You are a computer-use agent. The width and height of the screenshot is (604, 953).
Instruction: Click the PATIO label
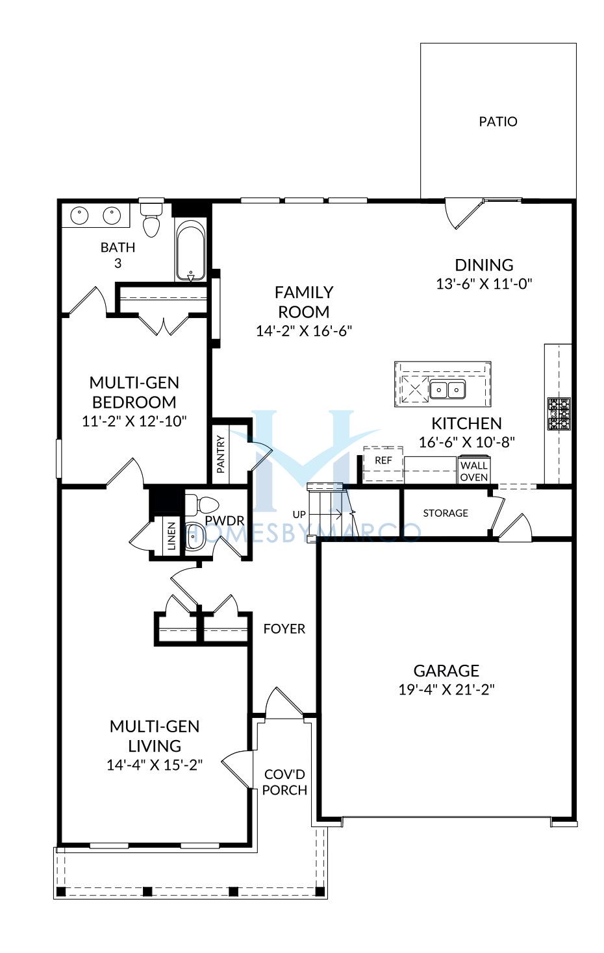(498, 121)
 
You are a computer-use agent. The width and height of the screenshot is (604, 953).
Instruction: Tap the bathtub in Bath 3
(191, 251)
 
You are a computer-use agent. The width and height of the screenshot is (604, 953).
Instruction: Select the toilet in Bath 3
(151, 220)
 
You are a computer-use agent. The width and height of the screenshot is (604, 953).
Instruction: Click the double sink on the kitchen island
(447, 389)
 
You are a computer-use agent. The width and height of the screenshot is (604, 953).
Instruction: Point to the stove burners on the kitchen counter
(559, 414)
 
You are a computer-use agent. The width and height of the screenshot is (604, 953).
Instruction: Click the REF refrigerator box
(383, 464)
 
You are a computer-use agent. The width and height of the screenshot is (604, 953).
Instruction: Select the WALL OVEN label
(473, 471)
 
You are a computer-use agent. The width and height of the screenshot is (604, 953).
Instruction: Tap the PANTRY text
(220, 454)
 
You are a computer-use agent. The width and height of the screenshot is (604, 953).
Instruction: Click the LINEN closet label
(171, 536)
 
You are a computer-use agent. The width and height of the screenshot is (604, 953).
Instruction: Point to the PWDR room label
(225, 521)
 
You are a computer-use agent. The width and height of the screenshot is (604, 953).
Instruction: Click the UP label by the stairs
(299, 514)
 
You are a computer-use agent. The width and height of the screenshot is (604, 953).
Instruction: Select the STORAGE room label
(446, 513)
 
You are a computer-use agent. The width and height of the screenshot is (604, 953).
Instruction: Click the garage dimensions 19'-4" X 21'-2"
(447, 689)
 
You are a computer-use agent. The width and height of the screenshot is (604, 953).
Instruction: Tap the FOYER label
(284, 629)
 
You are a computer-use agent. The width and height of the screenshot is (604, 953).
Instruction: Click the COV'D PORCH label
(284, 782)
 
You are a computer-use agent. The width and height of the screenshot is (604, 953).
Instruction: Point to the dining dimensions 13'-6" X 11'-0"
(484, 284)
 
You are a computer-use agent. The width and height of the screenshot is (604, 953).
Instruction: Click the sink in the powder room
(195, 537)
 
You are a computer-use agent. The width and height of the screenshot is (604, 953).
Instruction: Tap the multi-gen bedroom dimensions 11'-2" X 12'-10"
(134, 421)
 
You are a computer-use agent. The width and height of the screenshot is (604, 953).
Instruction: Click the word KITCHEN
(466, 424)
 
